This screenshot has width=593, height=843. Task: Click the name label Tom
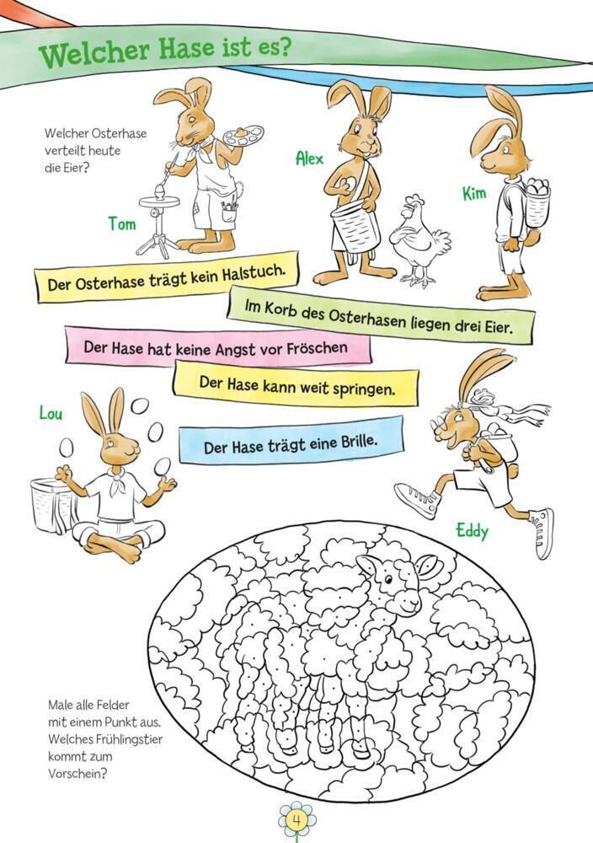(x=122, y=223)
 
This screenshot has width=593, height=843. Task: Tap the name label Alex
(x=310, y=158)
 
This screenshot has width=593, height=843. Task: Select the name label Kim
(x=474, y=193)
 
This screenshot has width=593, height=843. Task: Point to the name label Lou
(x=51, y=413)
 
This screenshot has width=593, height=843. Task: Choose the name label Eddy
(x=473, y=531)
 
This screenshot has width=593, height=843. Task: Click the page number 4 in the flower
(x=296, y=821)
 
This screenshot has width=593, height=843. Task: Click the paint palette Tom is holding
(x=244, y=136)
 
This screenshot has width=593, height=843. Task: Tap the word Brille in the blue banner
(x=359, y=442)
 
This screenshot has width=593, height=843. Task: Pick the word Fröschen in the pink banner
(x=317, y=348)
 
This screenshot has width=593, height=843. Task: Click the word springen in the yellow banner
(x=364, y=388)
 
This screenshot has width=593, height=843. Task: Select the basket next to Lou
(x=51, y=505)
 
